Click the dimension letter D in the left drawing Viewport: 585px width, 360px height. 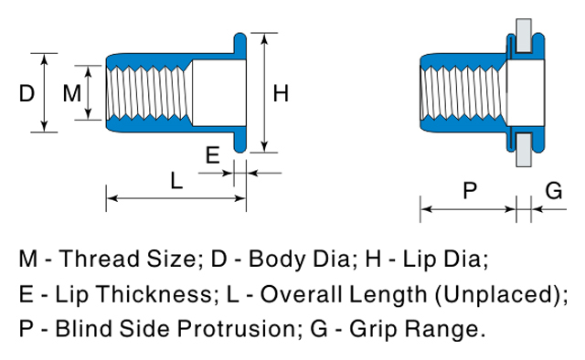point(27,93)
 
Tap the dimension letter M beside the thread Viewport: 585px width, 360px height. point(71,93)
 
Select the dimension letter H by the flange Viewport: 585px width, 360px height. point(281,93)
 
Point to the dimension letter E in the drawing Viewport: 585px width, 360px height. point(213,155)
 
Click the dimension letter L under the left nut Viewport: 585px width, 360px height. point(176,181)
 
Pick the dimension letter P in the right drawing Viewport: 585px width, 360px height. point(470,190)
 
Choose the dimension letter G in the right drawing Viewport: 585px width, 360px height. point(554,190)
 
